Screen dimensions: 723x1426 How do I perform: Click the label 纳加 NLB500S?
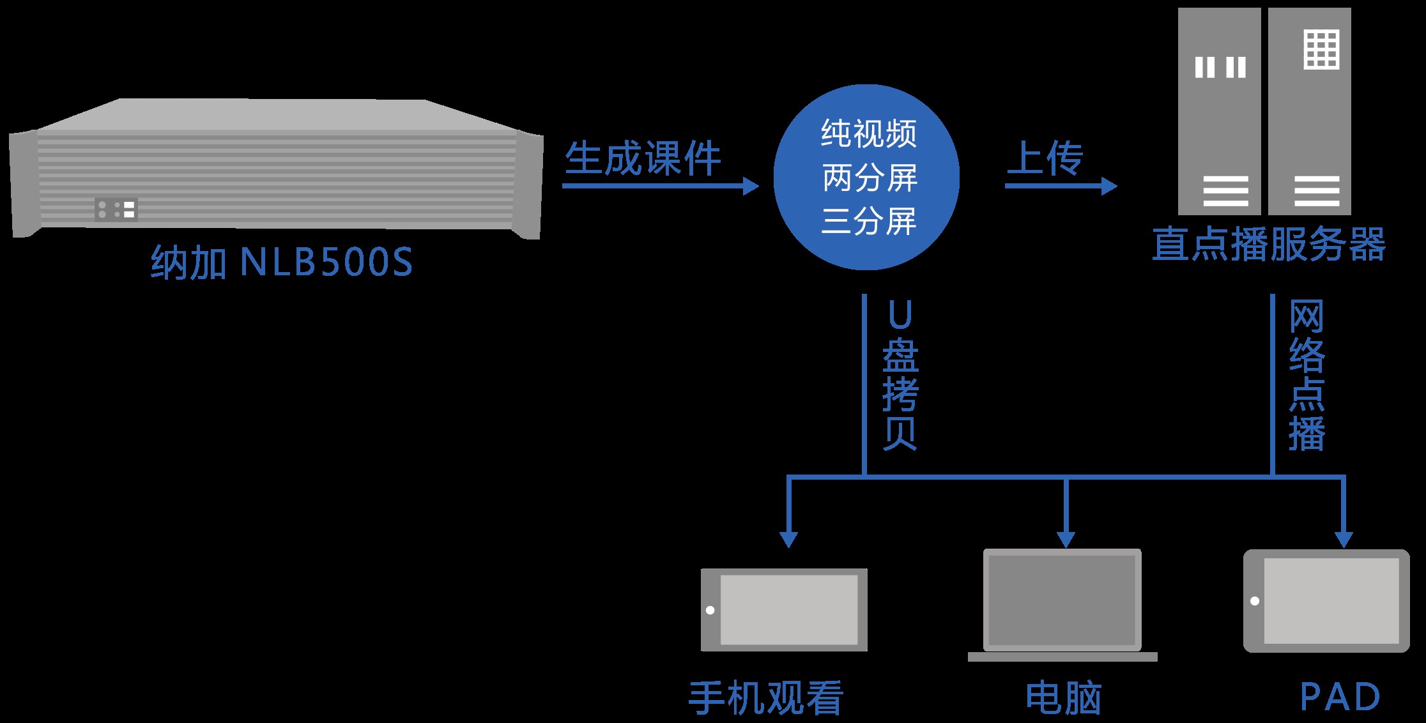pyautogui.click(x=282, y=262)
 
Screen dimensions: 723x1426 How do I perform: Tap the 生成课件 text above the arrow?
pyautogui.click(x=643, y=158)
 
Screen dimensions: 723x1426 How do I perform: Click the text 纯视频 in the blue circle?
pyautogui.click(x=868, y=134)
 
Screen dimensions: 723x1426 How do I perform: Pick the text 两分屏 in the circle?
pyautogui.click(x=868, y=178)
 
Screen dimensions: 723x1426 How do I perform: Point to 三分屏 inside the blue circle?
pyautogui.click(x=868, y=221)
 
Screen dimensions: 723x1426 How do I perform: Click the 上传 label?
pyautogui.click(x=1045, y=158)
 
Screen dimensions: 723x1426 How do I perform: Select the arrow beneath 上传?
pyautogui.click(x=1061, y=186)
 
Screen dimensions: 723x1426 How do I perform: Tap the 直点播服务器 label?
pyautogui.click(x=1268, y=245)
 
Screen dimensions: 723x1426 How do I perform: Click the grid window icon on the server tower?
pyautogui.click(x=1321, y=49)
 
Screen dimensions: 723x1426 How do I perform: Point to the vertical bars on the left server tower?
pyautogui.click(x=1220, y=67)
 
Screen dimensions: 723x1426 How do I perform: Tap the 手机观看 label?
pyautogui.click(x=765, y=697)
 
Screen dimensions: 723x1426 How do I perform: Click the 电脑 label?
pyautogui.click(x=1063, y=697)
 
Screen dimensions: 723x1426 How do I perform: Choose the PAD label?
pyautogui.click(x=1340, y=697)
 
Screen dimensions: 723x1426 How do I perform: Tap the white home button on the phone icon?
pyautogui.click(x=710, y=610)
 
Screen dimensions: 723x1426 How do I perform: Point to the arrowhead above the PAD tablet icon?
pyautogui.click(x=1344, y=538)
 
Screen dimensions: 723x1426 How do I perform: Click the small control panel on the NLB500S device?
pyautogui.click(x=116, y=209)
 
